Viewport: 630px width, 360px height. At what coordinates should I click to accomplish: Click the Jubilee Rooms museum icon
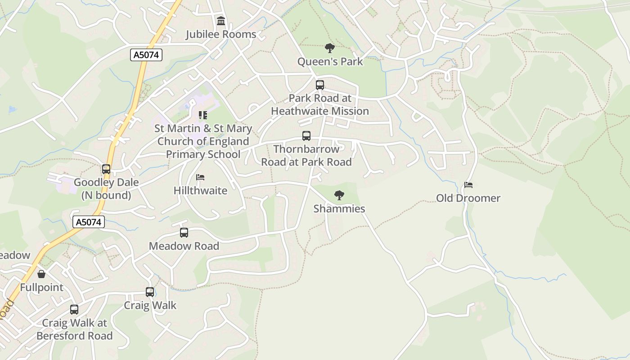tap(221, 21)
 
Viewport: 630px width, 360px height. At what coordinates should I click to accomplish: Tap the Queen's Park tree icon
tap(330, 48)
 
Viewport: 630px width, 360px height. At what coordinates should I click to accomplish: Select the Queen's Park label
tap(330, 61)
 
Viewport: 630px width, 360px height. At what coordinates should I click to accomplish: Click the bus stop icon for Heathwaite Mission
tap(320, 85)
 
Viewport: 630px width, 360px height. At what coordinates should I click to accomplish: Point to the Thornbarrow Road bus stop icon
tap(306, 136)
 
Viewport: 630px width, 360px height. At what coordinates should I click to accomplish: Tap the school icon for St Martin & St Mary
tap(203, 115)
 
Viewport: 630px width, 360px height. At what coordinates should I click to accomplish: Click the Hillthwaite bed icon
tap(200, 177)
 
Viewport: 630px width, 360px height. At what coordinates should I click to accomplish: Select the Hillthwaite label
tap(200, 190)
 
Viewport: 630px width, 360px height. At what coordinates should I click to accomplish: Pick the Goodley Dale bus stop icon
tap(106, 169)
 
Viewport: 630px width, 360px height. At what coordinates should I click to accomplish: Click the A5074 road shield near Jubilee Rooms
tap(146, 55)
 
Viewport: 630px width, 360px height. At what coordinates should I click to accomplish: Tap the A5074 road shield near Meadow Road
tap(89, 221)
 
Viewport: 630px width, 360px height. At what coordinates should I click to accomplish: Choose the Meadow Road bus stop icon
tap(184, 233)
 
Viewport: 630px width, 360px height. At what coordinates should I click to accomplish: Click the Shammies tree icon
tap(339, 195)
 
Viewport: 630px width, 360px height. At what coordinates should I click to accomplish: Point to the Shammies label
tap(339, 209)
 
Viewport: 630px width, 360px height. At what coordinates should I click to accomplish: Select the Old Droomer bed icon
tap(468, 185)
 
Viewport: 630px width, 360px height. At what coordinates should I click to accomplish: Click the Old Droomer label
tap(468, 198)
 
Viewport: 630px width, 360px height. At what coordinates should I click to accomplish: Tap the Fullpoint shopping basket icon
tap(41, 274)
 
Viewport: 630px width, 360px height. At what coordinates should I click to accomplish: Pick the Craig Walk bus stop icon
tap(150, 292)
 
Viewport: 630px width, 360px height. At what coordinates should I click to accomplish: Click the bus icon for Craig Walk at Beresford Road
tap(74, 310)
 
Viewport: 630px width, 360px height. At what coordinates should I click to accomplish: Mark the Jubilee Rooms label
tap(221, 34)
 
